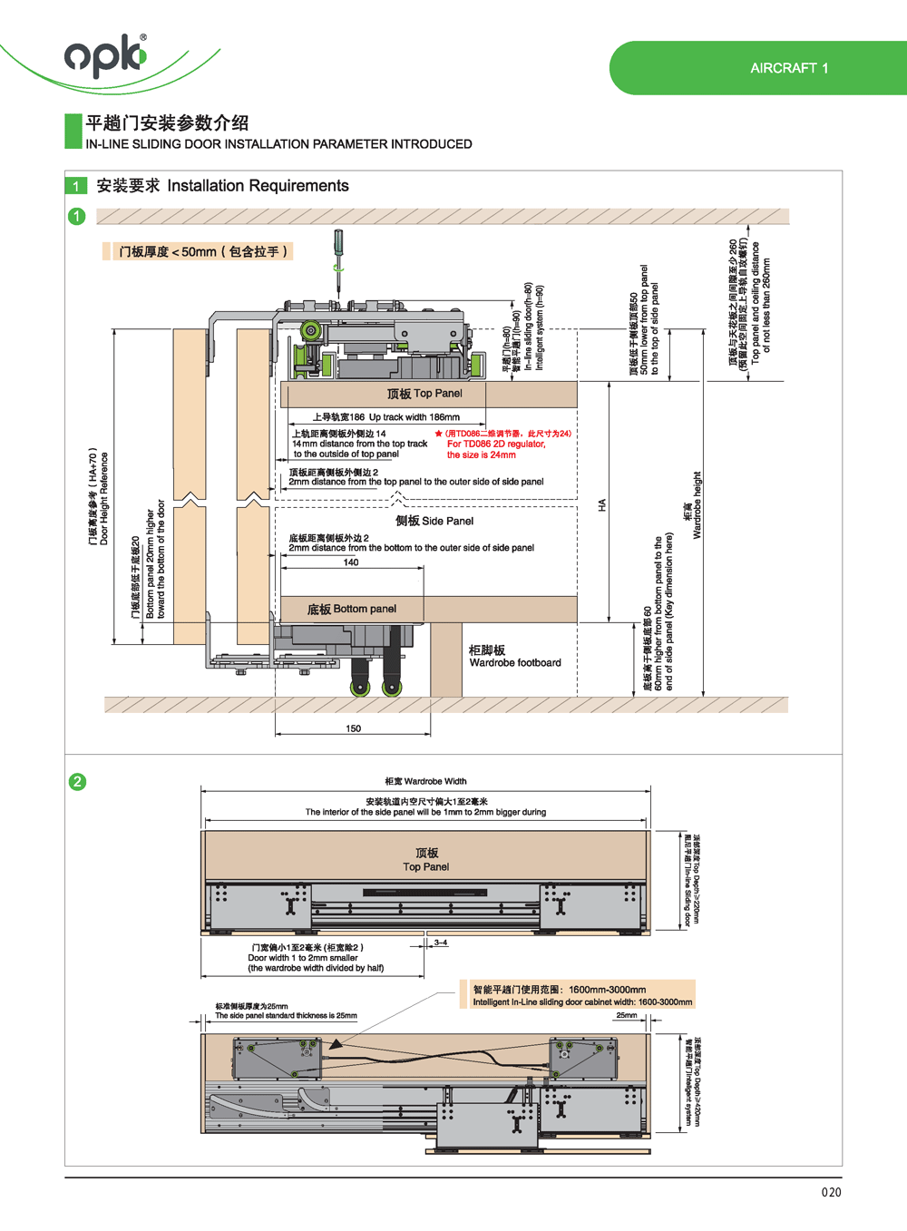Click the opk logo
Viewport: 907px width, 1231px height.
pos(105,55)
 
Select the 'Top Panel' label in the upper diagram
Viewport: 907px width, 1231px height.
pos(424,394)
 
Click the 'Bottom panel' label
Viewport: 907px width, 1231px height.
pos(352,609)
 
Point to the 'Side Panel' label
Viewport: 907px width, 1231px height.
pos(434,521)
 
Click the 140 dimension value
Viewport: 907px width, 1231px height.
pos(351,562)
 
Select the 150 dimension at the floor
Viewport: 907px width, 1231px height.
pos(353,728)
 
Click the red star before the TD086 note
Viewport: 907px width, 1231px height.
pos(439,434)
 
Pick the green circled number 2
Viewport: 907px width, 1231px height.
pos(78,781)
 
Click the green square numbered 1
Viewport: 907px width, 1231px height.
pos(76,186)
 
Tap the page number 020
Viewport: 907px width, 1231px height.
pos(831,1192)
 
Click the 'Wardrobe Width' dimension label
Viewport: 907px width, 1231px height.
pos(425,781)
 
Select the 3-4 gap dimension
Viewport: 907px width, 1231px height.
pos(441,943)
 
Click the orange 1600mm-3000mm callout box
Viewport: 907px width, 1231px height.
pos(581,995)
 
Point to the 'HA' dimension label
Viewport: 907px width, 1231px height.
pos(601,505)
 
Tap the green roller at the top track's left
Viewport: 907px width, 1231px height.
pos(310,331)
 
